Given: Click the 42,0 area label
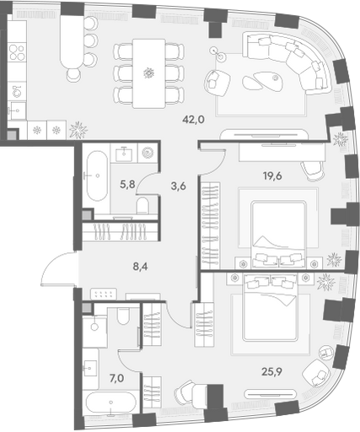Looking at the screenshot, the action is click(x=193, y=120).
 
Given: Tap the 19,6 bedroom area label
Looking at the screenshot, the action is click(x=272, y=176).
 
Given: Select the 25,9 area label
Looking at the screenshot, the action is click(x=271, y=372).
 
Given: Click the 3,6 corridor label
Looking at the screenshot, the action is click(x=179, y=186).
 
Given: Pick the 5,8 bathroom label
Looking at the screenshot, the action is click(x=127, y=184).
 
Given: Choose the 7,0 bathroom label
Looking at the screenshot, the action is click(x=116, y=379).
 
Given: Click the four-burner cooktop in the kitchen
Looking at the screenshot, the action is click(x=17, y=52).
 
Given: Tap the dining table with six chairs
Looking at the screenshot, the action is click(x=148, y=73).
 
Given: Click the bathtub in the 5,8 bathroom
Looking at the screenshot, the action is click(x=97, y=176).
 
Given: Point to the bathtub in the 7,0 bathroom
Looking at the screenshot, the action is click(x=111, y=403).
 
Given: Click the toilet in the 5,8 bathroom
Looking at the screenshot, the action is click(x=142, y=206).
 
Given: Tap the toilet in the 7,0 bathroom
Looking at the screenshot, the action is click(x=123, y=316).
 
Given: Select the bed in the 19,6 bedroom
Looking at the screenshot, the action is click(x=278, y=234).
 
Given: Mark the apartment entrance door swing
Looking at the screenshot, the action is click(x=56, y=268).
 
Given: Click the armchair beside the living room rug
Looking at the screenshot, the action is click(x=218, y=83).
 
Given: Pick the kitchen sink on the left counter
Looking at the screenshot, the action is click(x=18, y=111).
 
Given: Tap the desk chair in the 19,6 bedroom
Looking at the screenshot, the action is click(x=312, y=170).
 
